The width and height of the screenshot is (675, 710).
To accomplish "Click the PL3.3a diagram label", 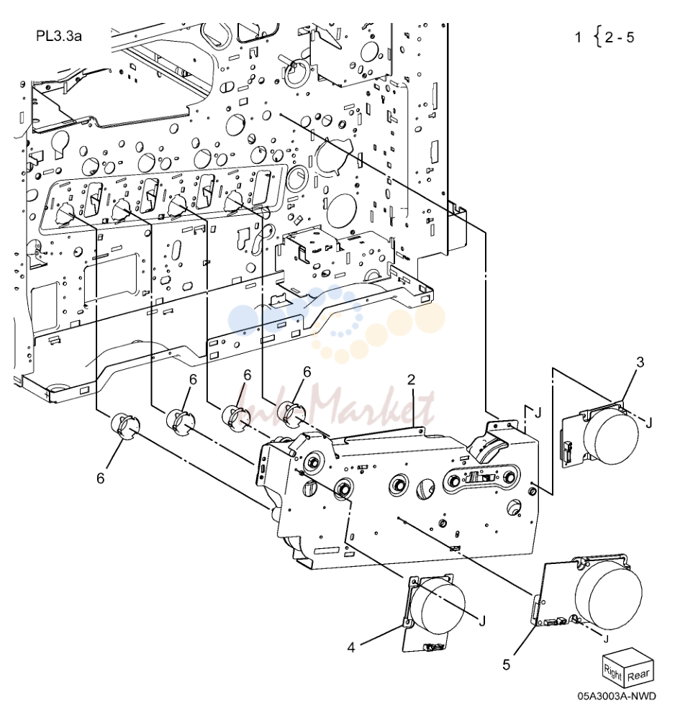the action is pyautogui.click(x=59, y=36).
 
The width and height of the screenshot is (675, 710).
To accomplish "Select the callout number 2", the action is pyautogui.click(x=411, y=379).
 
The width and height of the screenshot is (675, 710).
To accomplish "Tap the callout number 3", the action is pyautogui.click(x=640, y=363).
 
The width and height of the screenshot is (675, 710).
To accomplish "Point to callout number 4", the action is pyautogui.click(x=351, y=647).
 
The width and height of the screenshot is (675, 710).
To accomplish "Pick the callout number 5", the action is pyautogui.click(x=506, y=665).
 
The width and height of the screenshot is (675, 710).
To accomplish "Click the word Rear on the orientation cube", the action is pyautogui.click(x=638, y=675).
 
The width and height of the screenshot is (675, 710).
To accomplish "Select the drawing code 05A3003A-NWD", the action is pyautogui.click(x=617, y=696).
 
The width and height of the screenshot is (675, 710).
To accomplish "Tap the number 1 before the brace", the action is pyautogui.click(x=578, y=37).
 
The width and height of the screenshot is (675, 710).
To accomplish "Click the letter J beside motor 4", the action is pyautogui.click(x=482, y=622).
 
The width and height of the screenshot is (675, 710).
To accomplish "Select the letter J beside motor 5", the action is pyautogui.click(x=606, y=639).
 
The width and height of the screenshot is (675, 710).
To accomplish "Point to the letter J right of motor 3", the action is pyautogui.click(x=648, y=423).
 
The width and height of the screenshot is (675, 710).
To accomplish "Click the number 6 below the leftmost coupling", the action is pyautogui.click(x=101, y=478).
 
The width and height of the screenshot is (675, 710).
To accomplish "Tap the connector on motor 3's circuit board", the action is pyautogui.click(x=566, y=451).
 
